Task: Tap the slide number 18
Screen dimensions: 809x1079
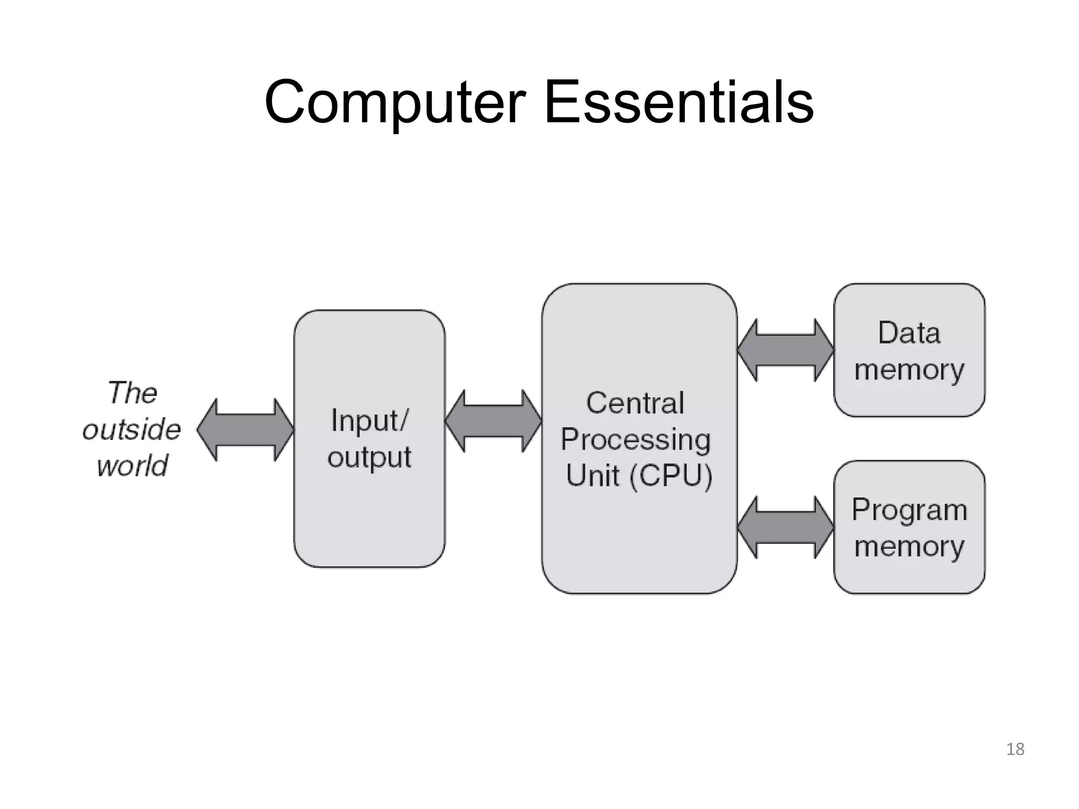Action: (x=1015, y=749)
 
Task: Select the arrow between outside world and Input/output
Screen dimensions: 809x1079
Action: (x=246, y=430)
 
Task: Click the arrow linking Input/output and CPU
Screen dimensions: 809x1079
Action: (x=493, y=421)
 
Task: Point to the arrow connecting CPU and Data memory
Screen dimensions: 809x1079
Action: (x=786, y=350)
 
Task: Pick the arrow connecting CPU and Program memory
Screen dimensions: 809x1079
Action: (x=786, y=527)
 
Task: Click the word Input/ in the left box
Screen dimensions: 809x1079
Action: (x=369, y=420)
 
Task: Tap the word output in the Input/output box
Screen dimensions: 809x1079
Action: (x=369, y=457)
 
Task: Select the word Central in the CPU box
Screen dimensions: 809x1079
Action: (x=635, y=403)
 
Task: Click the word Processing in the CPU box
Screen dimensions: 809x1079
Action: (x=635, y=440)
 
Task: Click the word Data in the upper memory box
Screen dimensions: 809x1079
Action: (x=909, y=333)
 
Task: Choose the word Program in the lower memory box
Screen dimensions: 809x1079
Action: (x=909, y=510)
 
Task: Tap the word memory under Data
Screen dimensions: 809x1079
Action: (x=909, y=370)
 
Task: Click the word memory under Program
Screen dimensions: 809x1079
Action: (x=909, y=547)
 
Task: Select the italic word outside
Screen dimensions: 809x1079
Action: (x=132, y=429)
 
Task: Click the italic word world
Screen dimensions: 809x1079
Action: (x=132, y=466)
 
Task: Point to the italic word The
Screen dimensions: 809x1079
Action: (x=132, y=393)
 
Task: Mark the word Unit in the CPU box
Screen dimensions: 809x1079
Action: (x=592, y=476)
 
